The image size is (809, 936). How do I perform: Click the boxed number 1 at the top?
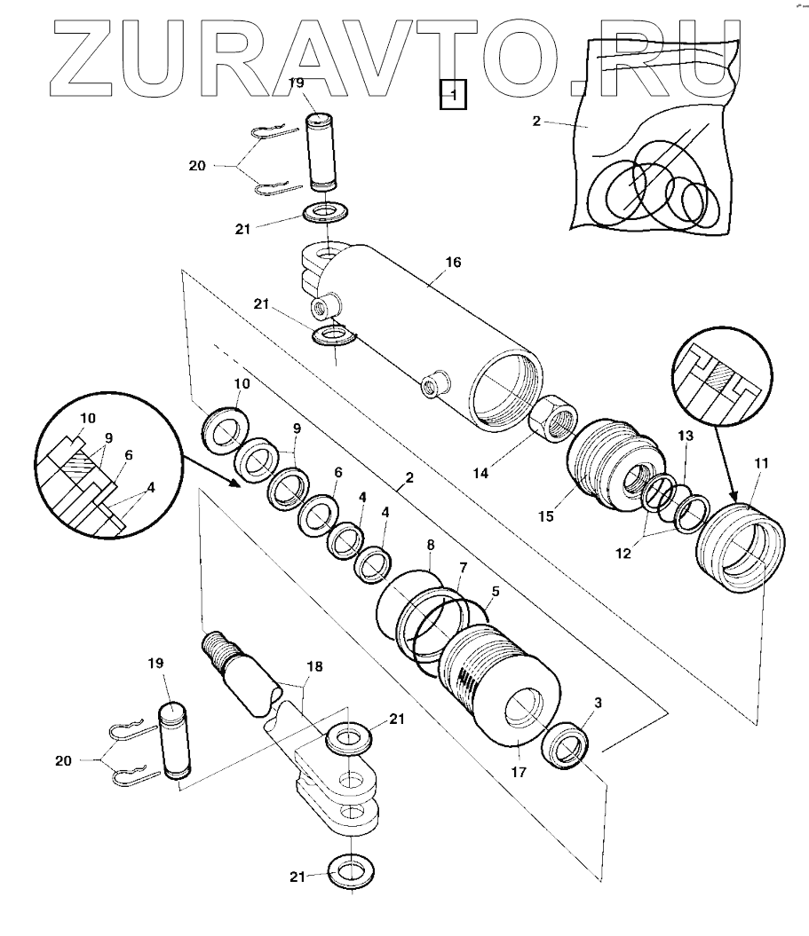453,93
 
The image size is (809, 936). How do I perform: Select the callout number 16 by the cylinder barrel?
453,263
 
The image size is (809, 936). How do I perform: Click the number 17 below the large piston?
519,773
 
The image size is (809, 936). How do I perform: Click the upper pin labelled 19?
321,151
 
